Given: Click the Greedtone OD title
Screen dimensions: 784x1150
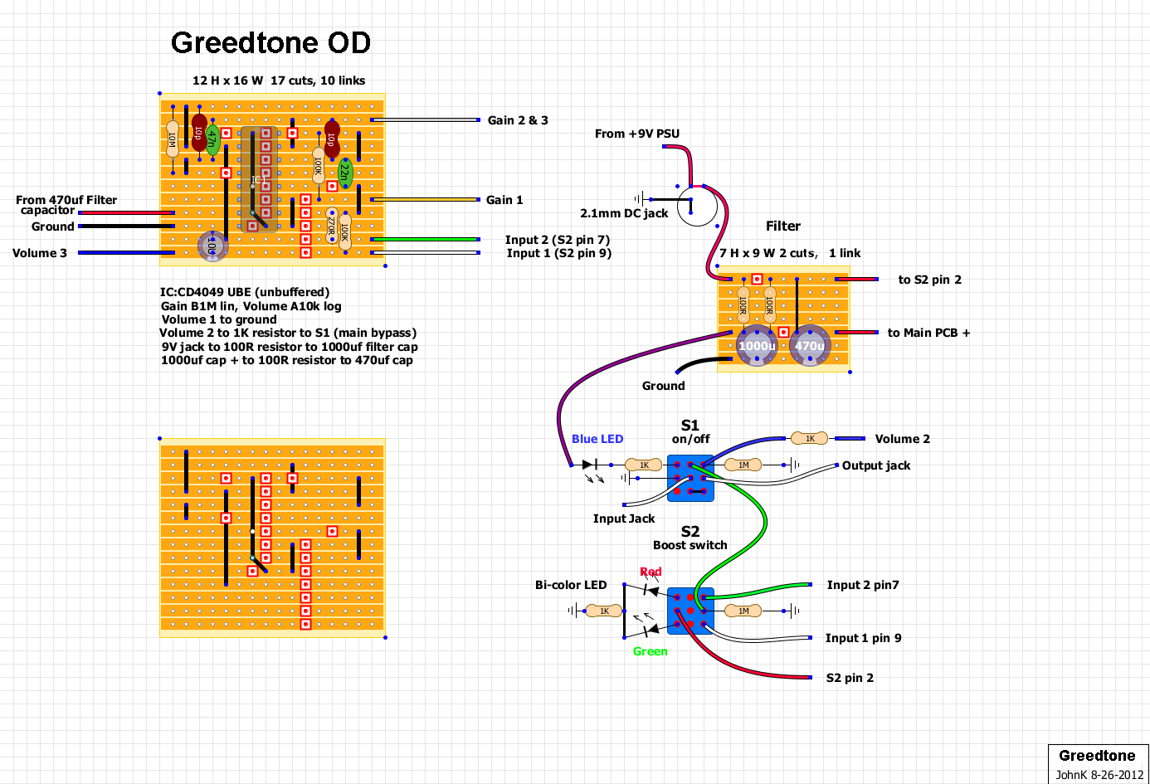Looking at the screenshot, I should point(270,43).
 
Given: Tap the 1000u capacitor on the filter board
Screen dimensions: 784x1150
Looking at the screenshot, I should point(757,346).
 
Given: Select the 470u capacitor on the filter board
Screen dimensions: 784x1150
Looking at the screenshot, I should point(810,346).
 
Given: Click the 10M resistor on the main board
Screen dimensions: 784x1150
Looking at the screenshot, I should point(173,138).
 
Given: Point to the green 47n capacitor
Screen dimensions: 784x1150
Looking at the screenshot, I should point(212,139).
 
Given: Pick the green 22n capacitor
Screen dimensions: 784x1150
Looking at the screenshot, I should point(345,173).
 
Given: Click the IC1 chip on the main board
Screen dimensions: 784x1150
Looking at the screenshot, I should point(259,179).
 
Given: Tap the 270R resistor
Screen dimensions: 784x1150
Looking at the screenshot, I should point(331,225).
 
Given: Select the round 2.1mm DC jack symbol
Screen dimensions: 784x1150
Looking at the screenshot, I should point(697,206).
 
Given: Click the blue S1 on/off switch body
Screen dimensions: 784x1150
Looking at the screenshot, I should point(690,478).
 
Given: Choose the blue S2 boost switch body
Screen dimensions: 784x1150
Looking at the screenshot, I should point(690,611).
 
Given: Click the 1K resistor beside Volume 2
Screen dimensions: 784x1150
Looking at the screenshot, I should point(809,438).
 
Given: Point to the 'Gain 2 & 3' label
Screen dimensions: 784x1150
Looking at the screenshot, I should point(518,120).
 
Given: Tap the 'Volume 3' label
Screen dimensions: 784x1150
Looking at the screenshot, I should point(40,253).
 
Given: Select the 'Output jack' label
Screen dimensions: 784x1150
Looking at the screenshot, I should point(876,465).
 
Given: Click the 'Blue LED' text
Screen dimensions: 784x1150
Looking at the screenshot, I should point(597,439).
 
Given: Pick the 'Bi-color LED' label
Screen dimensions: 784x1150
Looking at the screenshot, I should point(571,585).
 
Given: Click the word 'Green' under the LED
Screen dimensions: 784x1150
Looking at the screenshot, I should point(650,651).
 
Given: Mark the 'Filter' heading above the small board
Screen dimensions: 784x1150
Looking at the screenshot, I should point(783,226).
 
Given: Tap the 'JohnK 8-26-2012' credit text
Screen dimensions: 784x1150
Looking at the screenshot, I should point(1099,775).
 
